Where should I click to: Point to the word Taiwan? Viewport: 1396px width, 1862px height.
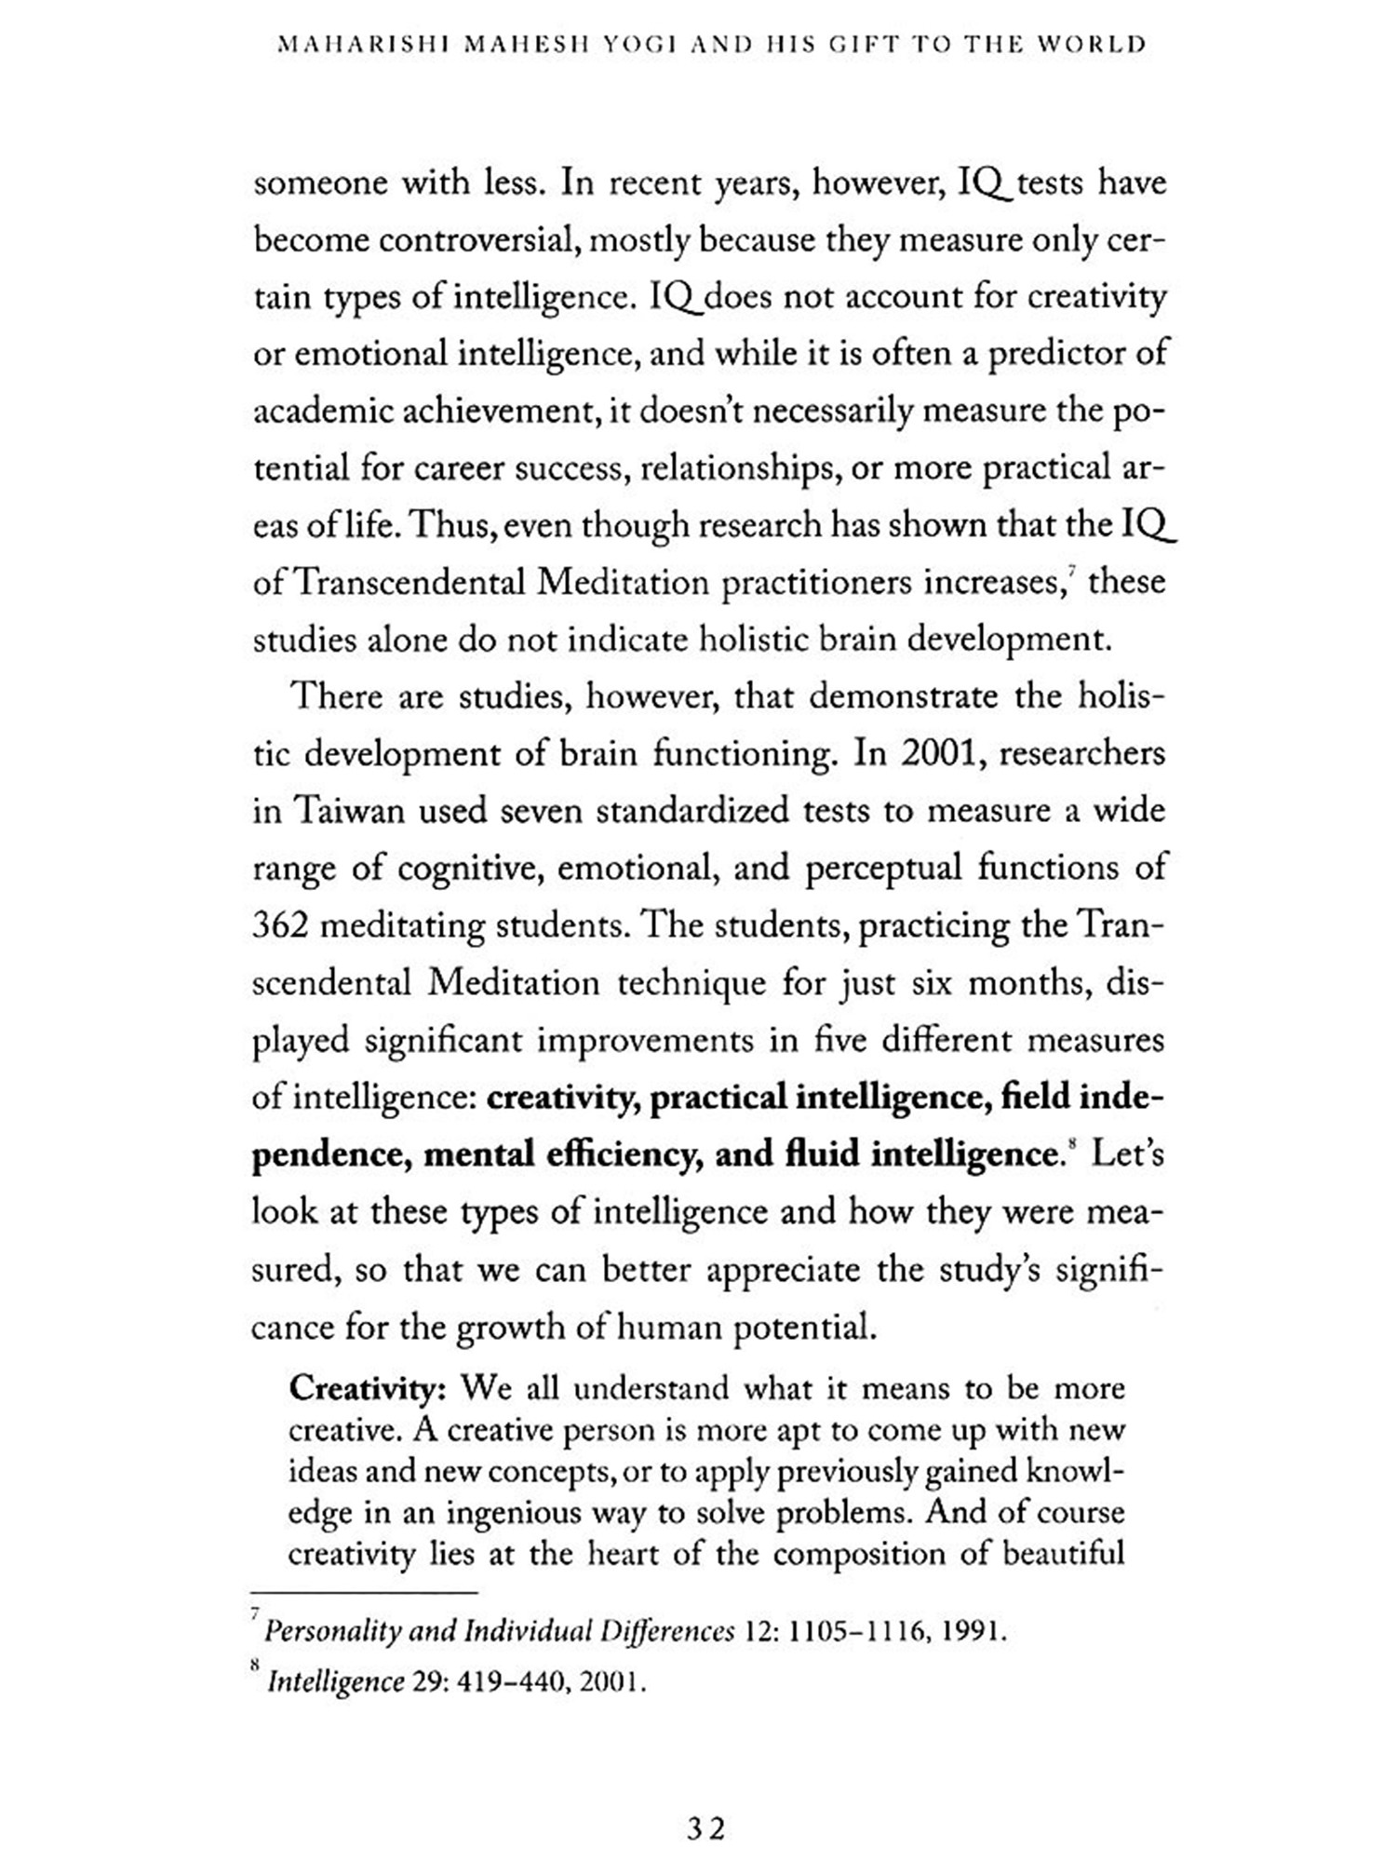[350, 812]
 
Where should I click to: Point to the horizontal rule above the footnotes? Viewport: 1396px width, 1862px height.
[363, 1593]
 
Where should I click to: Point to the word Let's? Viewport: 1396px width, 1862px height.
[1127, 1154]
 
